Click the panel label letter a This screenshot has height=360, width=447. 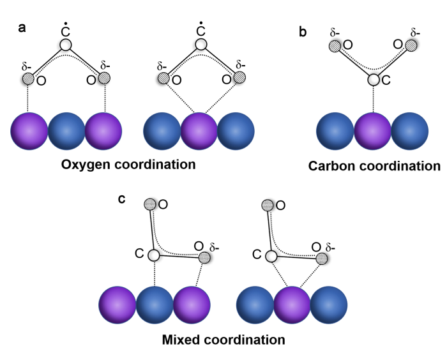click(x=21, y=28)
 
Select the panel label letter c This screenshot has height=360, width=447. click(x=122, y=199)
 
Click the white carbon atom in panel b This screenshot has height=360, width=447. click(x=373, y=80)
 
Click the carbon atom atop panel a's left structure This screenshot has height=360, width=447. click(x=66, y=44)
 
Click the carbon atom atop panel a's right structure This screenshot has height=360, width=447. click(x=201, y=44)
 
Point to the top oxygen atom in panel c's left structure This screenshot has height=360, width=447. click(x=149, y=204)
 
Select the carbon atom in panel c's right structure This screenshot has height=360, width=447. click(x=271, y=255)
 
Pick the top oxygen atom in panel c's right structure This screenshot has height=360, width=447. click(x=268, y=204)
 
